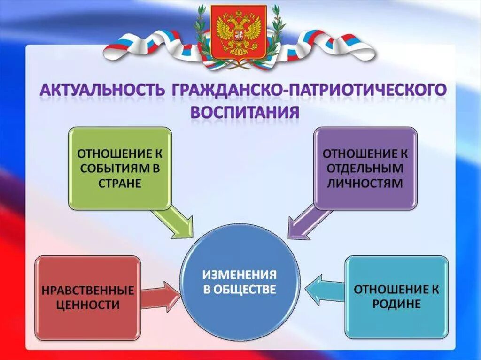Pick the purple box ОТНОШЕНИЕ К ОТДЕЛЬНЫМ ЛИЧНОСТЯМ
tap(365, 168)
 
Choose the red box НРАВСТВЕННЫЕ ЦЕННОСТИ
tap(88, 298)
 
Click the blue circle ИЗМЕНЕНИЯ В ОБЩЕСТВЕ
tap(240, 282)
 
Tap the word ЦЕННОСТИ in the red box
tap(88, 305)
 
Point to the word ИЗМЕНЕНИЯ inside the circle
tap(240, 274)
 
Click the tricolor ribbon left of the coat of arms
tap(150, 47)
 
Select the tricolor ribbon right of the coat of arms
tap(329, 47)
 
